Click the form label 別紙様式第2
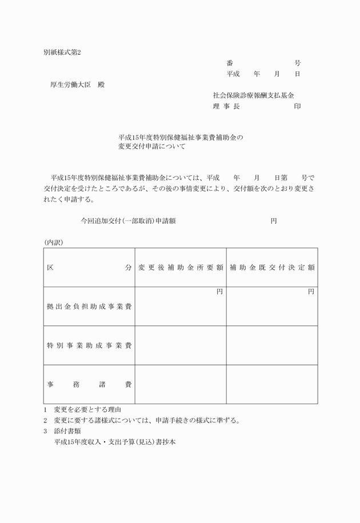click(x=63, y=52)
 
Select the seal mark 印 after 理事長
click(x=297, y=106)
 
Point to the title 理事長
click(x=226, y=106)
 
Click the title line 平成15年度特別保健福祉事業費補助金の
click(x=181, y=138)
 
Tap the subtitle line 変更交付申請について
click(x=151, y=147)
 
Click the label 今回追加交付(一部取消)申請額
click(x=128, y=220)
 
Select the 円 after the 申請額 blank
click(x=274, y=220)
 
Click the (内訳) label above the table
click(x=54, y=242)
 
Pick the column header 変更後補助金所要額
click(x=181, y=267)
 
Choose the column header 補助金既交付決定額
click(x=272, y=267)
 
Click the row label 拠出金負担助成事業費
click(x=89, y=307)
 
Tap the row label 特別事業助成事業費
click(x=89, y=345)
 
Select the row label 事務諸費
click(x=89, y=384)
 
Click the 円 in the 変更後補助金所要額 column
click(x=219, y=292)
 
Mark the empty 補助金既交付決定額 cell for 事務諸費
click(x=272, y=384)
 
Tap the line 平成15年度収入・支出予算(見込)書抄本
click(x=115, y=442)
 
